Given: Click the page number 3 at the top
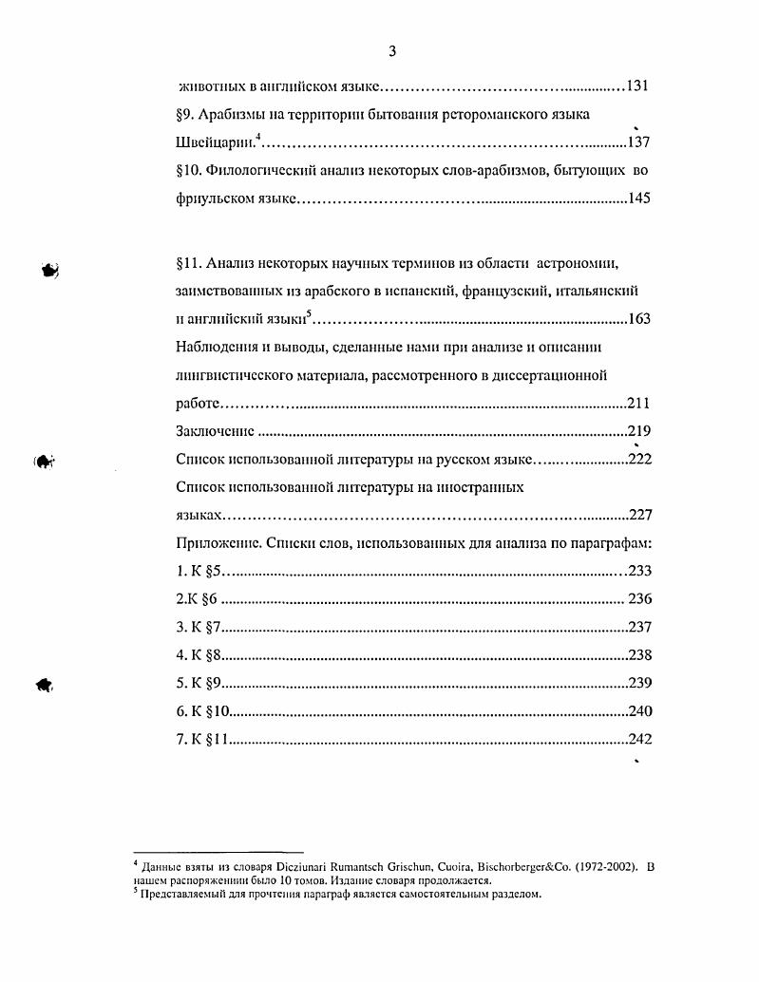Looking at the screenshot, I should coord(391,50).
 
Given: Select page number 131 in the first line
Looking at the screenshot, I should coord(637,86).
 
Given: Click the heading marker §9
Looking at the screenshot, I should coord(185,114).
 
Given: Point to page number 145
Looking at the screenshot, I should coord(638,199).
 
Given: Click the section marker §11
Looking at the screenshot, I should coord(190,261).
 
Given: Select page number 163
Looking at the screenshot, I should coord(639,318).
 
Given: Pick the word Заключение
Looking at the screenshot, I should coord(215,431).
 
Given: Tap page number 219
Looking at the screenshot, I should coord(639,431).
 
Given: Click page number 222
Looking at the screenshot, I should coord(639,460).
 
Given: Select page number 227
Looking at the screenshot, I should coord(639,516).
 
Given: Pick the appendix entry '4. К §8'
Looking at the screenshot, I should coord(199,654).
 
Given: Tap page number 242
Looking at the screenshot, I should coord(639,739).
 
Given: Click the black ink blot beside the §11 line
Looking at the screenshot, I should coord(50,270).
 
